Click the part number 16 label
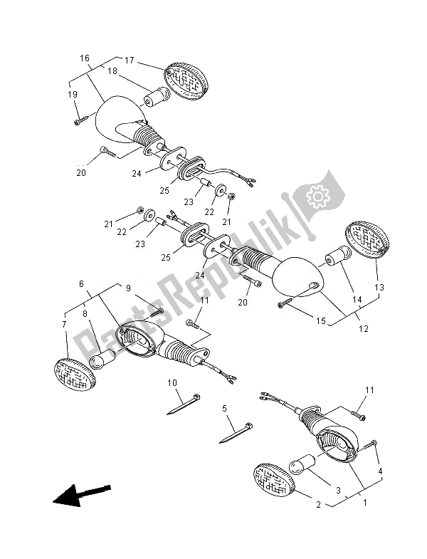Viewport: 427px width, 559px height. (x=84, y=58)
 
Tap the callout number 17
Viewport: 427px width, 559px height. (x=130, y=60)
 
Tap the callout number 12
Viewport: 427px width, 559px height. (x=364, y=329)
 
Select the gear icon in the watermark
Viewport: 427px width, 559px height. (x=314, y=194)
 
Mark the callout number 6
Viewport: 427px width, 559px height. (x=83, y=283)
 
